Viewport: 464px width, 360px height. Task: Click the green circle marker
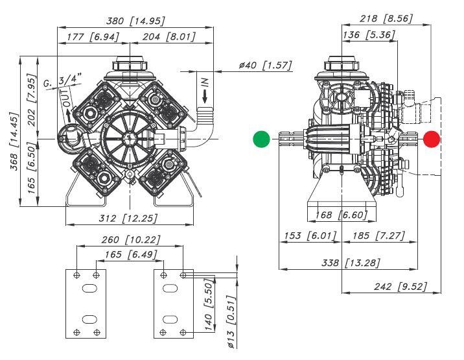[262, 139]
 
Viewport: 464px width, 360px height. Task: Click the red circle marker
[432, 139]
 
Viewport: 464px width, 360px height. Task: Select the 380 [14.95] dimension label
[135, 21]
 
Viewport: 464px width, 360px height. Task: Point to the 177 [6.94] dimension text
[93, 37]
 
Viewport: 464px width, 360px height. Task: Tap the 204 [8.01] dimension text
[169, 37]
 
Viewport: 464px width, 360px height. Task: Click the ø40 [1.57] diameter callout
[266, 65]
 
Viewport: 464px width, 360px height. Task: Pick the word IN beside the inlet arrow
[205, 82]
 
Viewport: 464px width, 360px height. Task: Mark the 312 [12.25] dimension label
[128, 219]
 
